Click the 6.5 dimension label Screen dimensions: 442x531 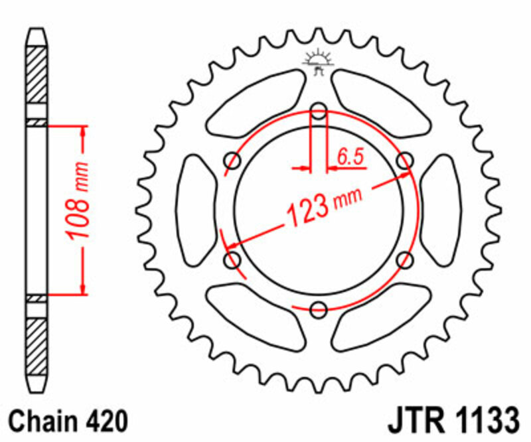[350, 157]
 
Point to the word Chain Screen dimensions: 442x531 [44, 421]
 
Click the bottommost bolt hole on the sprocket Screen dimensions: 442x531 [319, 309]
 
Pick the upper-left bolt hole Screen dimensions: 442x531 [233, 160]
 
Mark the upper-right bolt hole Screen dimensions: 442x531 [404, 160]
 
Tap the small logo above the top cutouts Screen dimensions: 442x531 [318, 60]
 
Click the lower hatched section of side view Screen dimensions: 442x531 [37, 342]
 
